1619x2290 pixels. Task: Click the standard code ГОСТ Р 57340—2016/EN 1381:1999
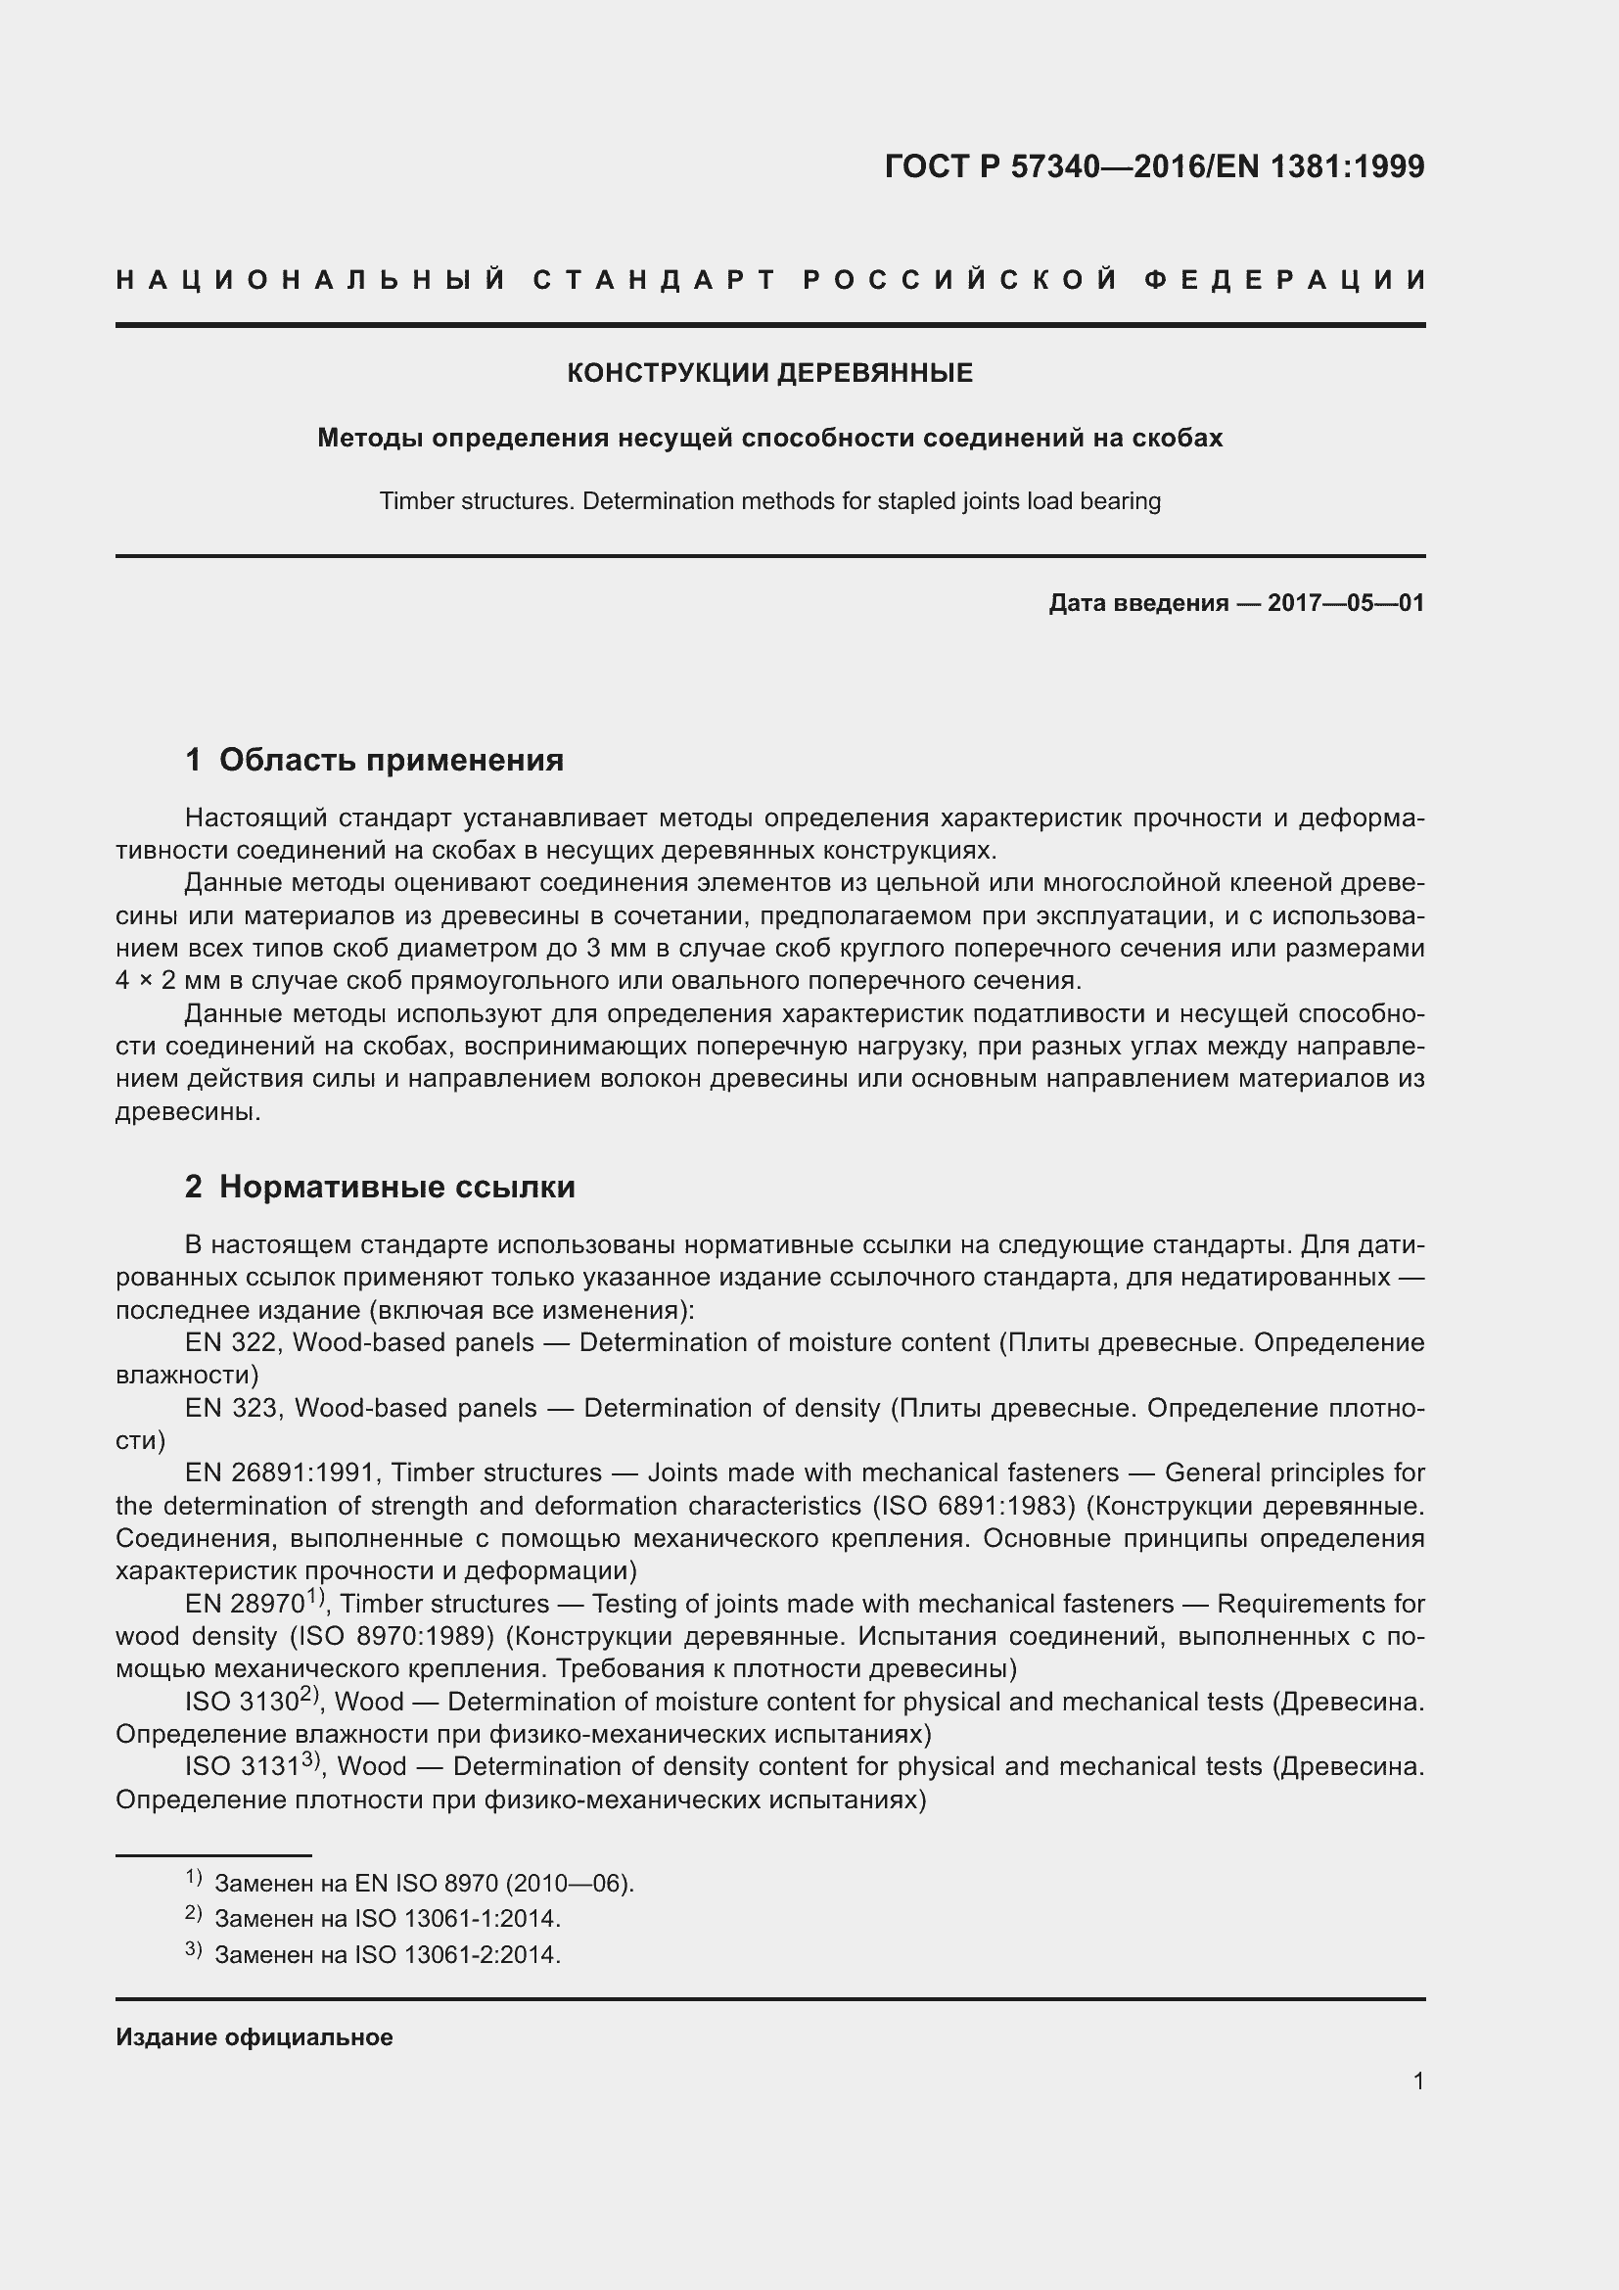click(1154, 166)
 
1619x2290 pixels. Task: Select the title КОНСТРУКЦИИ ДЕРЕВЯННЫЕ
click(769, 373)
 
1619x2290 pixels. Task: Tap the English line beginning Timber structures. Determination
click(769, 500)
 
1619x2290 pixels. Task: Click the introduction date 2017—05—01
click(1345, 602)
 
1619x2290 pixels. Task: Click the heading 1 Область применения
click(374, 760)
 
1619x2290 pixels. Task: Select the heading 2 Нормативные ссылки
click(380, 1187)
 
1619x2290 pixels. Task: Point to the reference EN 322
click(233, 1342)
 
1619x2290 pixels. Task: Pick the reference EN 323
click(235, 1408)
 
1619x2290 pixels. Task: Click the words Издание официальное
click(254, 2037)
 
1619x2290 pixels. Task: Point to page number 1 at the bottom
click(1417, 2080)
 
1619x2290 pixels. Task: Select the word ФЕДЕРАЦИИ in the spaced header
click(1285, 280)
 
